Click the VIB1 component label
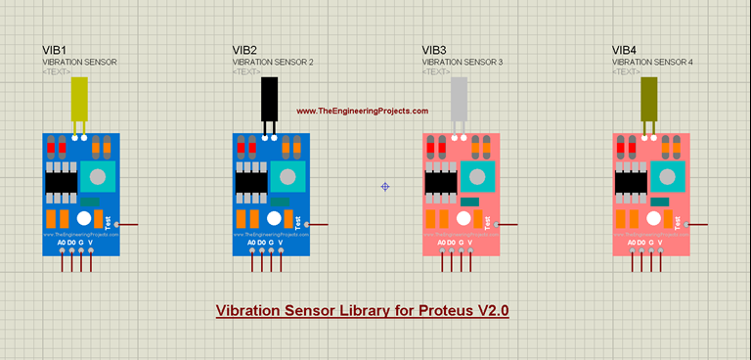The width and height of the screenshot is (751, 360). point(55,50)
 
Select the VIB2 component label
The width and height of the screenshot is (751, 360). point(244,50)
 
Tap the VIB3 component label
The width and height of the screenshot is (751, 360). point(434,50)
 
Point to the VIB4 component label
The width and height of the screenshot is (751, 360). point(624,50)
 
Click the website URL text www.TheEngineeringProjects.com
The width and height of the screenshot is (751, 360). point(362,112)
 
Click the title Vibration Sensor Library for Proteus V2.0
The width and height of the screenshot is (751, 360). point(362,311)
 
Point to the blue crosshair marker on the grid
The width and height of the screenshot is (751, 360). point(385,186)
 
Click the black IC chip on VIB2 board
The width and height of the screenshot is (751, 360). point(250,182)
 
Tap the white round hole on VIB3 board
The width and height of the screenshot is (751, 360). point(464,218)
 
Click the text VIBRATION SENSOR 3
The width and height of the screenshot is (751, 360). point(463,63)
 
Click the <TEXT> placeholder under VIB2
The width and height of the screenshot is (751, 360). point(247,72)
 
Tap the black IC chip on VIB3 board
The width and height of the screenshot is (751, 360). point(440,182)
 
